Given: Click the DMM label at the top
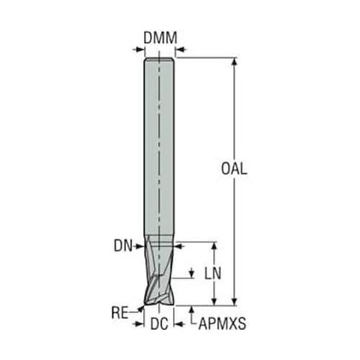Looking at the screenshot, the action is pos(160,37).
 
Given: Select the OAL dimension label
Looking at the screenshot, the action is pos(234,168).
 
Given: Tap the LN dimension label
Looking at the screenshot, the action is pos(212,274).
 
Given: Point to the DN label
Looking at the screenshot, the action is pos(123,246).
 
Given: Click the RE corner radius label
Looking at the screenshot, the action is pos(120,312).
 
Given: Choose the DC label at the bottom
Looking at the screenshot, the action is pos(159,324).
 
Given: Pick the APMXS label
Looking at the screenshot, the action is pos(222,324).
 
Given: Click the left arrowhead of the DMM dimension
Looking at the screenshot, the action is pos(140,50).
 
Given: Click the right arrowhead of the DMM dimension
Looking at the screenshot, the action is pos(180,50).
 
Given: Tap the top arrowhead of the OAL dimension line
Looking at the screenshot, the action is pos(235,62).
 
